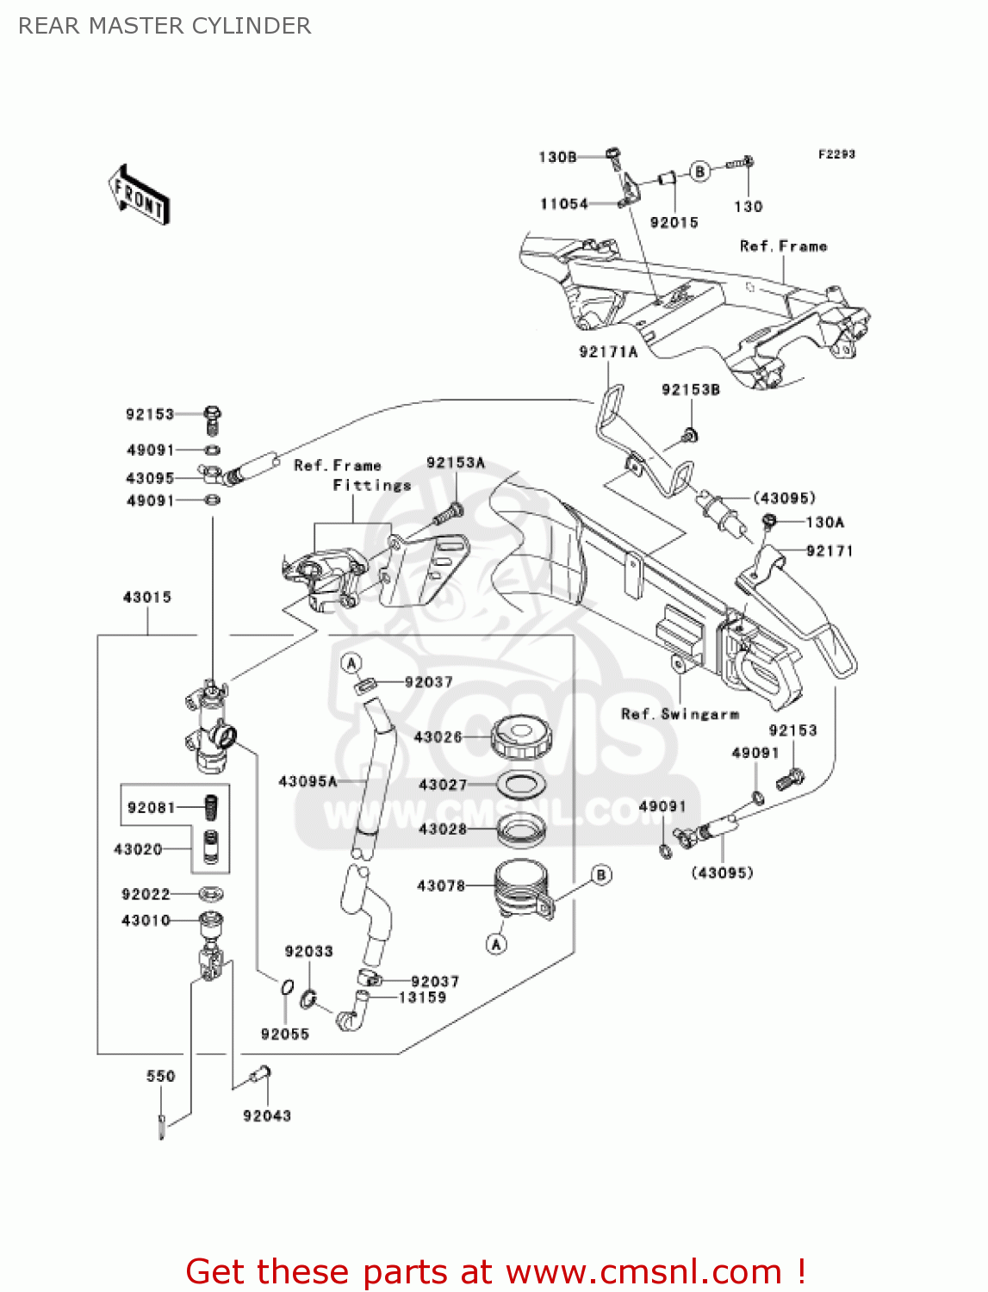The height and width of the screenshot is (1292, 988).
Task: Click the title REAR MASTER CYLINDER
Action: click(165, 26)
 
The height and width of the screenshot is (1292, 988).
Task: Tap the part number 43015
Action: click(147, 597)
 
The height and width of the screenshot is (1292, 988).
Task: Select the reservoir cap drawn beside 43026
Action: click(521, 738)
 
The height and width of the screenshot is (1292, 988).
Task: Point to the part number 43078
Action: click(440, 885)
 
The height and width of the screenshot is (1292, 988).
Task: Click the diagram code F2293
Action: click(836, 154)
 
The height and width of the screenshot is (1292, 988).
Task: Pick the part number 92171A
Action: click(608, 351)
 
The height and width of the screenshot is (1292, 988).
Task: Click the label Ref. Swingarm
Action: click(680, 714)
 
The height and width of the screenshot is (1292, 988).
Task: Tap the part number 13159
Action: click(422, 997)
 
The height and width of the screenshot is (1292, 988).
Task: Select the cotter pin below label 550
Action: click(162, 1126)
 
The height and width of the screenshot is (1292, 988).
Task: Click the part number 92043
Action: click(267, 1115)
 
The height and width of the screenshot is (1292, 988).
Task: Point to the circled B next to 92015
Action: click(699, 171)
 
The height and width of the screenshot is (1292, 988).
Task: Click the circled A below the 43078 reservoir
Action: click(496, 944)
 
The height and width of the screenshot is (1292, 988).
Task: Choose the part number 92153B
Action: click(690, 389)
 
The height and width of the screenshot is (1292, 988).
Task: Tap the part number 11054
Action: click(563, 204)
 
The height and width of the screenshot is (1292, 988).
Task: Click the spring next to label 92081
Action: click(209, 807)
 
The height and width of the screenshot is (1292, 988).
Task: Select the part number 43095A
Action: click(308, 781)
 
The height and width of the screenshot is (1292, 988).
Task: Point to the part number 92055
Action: click(284, 1034)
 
